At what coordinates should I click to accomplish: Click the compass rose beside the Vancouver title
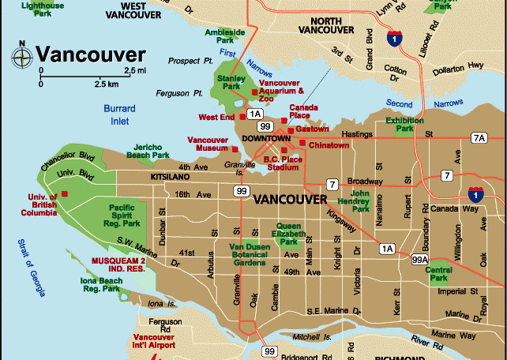click(x=21, y=55)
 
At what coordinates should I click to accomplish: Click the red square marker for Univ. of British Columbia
click(x=65, y=193)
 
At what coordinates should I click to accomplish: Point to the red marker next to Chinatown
click(x=302, y=143)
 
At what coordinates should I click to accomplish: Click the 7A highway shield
click(x=479, y=138)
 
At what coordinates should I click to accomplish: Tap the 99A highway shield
click(x=419, y=258)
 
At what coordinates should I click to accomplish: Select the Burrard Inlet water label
click(x=119, y=114)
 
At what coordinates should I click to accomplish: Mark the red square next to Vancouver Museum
click(x=235, y=148)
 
